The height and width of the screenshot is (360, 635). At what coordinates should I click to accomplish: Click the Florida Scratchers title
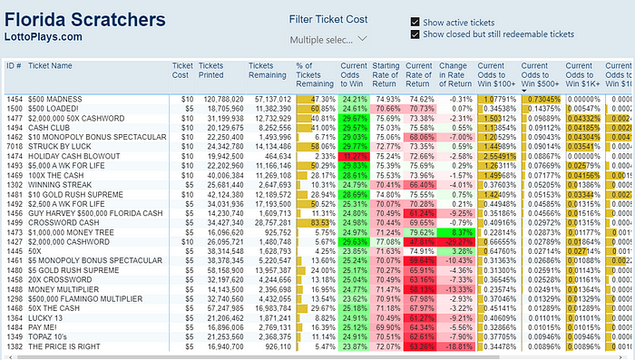click(x=86, y=19)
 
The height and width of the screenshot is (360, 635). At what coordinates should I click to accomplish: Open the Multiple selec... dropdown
click(x=328, y=40)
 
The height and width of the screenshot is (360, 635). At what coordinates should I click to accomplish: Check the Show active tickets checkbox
click(x=415, y=22)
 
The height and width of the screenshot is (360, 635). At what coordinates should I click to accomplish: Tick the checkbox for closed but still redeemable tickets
click(x=415, y=34)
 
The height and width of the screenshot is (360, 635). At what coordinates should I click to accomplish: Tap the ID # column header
click(x=14, y=65)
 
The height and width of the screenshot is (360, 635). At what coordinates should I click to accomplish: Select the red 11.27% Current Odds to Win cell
click(x=354, y=155)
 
